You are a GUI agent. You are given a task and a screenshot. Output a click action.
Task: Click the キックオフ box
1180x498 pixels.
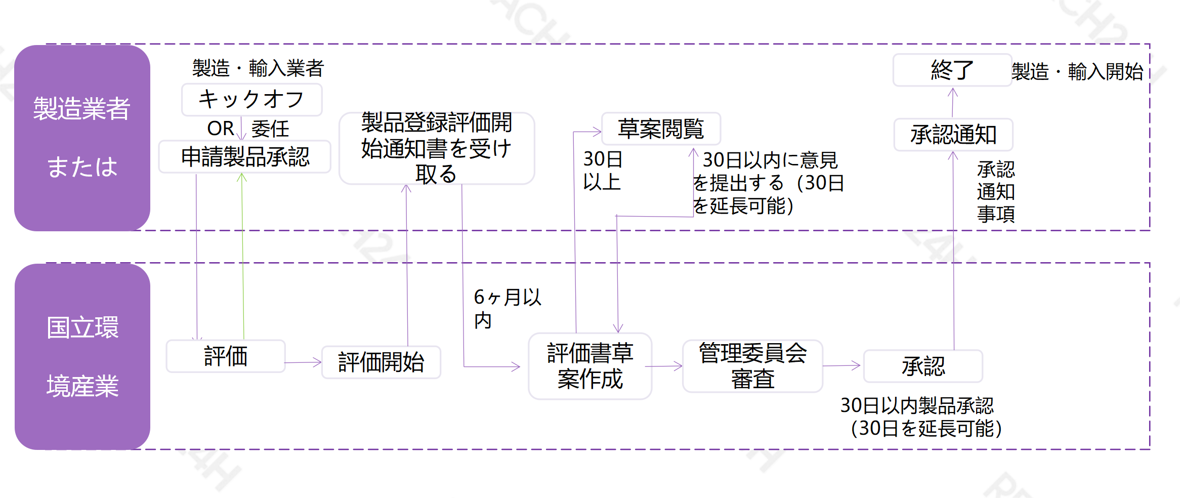pos(251,100)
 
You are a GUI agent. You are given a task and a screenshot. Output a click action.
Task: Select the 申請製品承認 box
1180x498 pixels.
pos(245,157)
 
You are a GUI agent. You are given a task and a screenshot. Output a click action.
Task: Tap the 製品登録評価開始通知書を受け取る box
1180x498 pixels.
pos(436,148)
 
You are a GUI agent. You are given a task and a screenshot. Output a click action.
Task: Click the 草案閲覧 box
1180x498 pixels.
pos(661,129)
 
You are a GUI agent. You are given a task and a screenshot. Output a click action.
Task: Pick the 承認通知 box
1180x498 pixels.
pos(953,135)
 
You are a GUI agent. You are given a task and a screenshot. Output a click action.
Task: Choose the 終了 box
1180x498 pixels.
pos(952,70)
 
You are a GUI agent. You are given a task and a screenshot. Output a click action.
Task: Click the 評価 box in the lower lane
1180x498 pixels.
pos(226,356)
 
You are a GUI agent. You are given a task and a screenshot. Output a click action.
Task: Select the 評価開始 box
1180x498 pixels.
pos(381,362)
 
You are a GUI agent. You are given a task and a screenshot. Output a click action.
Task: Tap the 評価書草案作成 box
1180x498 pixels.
pos(590,366)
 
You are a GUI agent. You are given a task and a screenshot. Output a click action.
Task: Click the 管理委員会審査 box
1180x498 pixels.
pos(752,366)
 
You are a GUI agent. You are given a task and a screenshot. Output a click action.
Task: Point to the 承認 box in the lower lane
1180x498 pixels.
pos(923,366)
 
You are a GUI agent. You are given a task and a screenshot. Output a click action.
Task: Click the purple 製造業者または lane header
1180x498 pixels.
pos(82,138)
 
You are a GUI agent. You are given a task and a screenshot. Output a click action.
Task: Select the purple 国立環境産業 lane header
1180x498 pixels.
pos(82,356)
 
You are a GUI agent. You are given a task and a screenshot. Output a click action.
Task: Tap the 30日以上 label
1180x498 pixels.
pos(602,170)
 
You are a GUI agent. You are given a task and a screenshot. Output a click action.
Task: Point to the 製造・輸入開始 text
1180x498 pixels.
pos(1077,71)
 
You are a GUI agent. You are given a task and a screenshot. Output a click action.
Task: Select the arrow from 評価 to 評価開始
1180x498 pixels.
pos(303,362)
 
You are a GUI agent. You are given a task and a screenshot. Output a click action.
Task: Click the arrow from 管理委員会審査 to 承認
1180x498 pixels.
pos(841,365)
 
